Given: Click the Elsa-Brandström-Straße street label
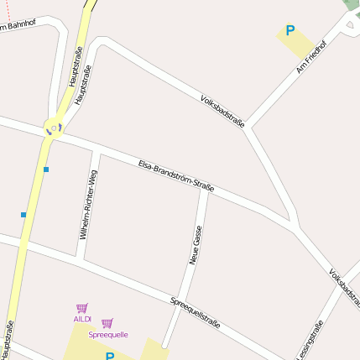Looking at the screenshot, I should pyautogui.click(x=175, y=175).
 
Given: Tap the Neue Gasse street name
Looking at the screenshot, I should pyautogui.click(x=195, y=245).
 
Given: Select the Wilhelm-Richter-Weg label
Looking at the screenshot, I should pyautogui.click(x=88, y=205).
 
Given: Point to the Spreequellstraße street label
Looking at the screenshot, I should pyautogui.click(x=196, y=311).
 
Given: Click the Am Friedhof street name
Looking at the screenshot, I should pyautogui.click(x=311, y=57).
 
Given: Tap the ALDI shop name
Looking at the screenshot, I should pyautogui.click(x=81, y=319).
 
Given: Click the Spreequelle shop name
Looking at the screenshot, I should pyautogui.click(x=107, y=334).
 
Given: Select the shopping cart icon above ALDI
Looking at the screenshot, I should pyautogui.click(x=81, y=308).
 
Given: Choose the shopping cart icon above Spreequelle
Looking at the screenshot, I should pyautogui.click(x=107, y=323).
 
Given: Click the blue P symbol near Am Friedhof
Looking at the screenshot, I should pyautogui.click(x=290, y=31).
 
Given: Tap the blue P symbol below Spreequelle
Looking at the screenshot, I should pyautogui.click(x=110, y=356).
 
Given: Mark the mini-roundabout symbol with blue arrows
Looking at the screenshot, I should pyautogui.click(x=54, y=128).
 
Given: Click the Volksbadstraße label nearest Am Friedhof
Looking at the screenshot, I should pyautogui.click(x=222, y=112).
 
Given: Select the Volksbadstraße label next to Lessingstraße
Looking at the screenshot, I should pyautogui.click(x=345, y=286).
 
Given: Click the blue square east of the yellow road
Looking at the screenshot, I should pyautogui.click(x=46, y=170).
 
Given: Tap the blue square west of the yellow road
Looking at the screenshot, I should pyautogui.click(x=23, y=215).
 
